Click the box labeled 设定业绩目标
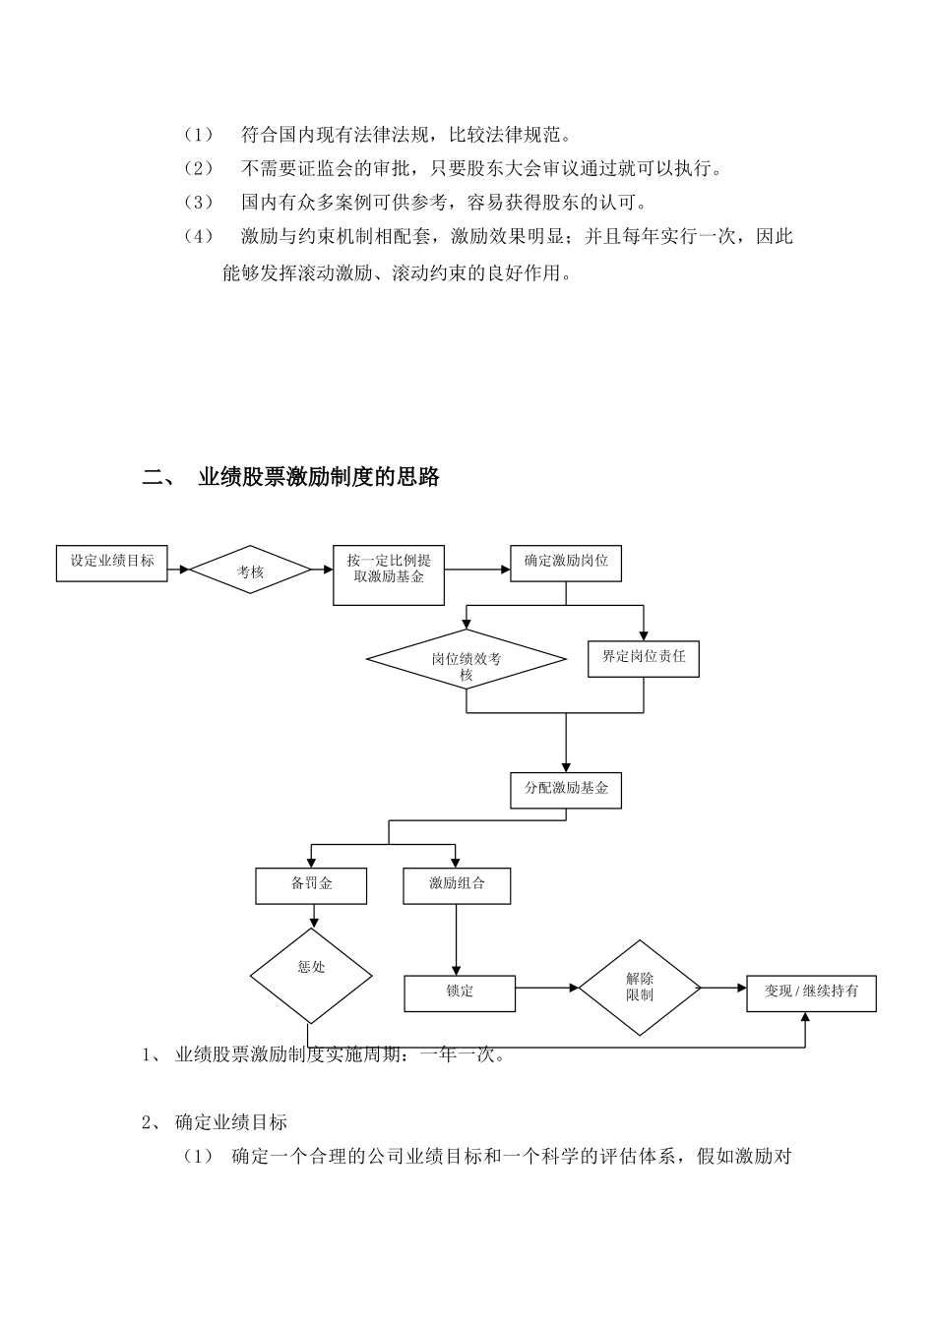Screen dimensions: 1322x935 [x=111, y=562]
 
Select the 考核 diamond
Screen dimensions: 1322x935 [x=250, y=570]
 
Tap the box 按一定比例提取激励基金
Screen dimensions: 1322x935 [x=389, y=574]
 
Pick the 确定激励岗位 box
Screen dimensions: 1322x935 [x=566, y=562]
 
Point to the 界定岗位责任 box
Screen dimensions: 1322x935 [x=644, y=658]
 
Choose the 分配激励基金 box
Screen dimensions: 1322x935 [x=566, y=790]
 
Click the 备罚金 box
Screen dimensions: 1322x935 [x=311, y=884]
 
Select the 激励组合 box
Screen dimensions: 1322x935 [x=458, y=884]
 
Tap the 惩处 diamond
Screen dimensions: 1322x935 [x=311, y=976]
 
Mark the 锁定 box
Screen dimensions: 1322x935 [x=460, y=992]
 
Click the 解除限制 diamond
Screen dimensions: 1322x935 [x=639, y=988]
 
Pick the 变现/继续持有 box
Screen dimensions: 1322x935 [x=811, y=992]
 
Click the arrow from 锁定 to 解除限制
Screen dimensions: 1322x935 [x=547, y=987]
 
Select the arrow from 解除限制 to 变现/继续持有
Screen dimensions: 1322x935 [x=723, y=988]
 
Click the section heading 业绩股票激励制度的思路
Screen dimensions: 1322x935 [x=319, y=478]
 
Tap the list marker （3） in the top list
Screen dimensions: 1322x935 [x=198, y=203]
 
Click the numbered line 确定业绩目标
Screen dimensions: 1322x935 [x=231, y=1122]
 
